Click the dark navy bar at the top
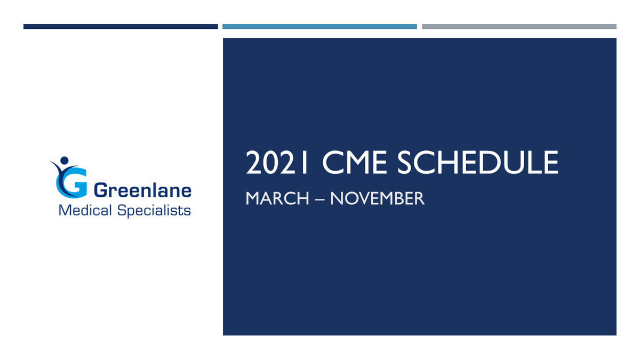[x=121, y=26]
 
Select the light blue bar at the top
[x=319, y=26]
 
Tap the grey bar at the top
[x=519, y=26]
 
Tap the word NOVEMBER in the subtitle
[x=377, y=199]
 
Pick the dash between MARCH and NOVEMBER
[x=319, y=199]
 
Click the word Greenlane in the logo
[x=142, y=190]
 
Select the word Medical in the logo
[x=85, y=210]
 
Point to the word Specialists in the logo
[x=153, y=210]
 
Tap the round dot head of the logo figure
[x=65, y=159]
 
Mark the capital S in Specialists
[x=121, y=210]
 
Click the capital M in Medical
[x=64, y=210]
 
